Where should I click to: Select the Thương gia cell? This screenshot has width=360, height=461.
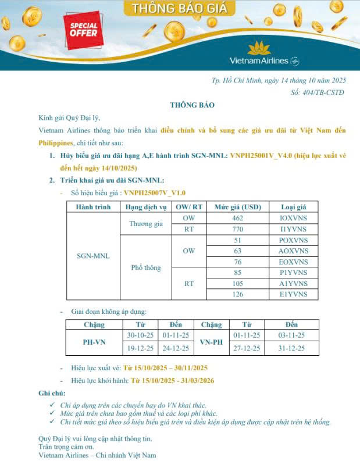(145, 223)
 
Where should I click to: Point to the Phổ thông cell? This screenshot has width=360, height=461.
(145, 267)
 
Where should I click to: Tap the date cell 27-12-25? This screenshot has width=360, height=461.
(247, 348)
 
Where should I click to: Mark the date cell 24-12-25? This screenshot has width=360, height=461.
(176, 348)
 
